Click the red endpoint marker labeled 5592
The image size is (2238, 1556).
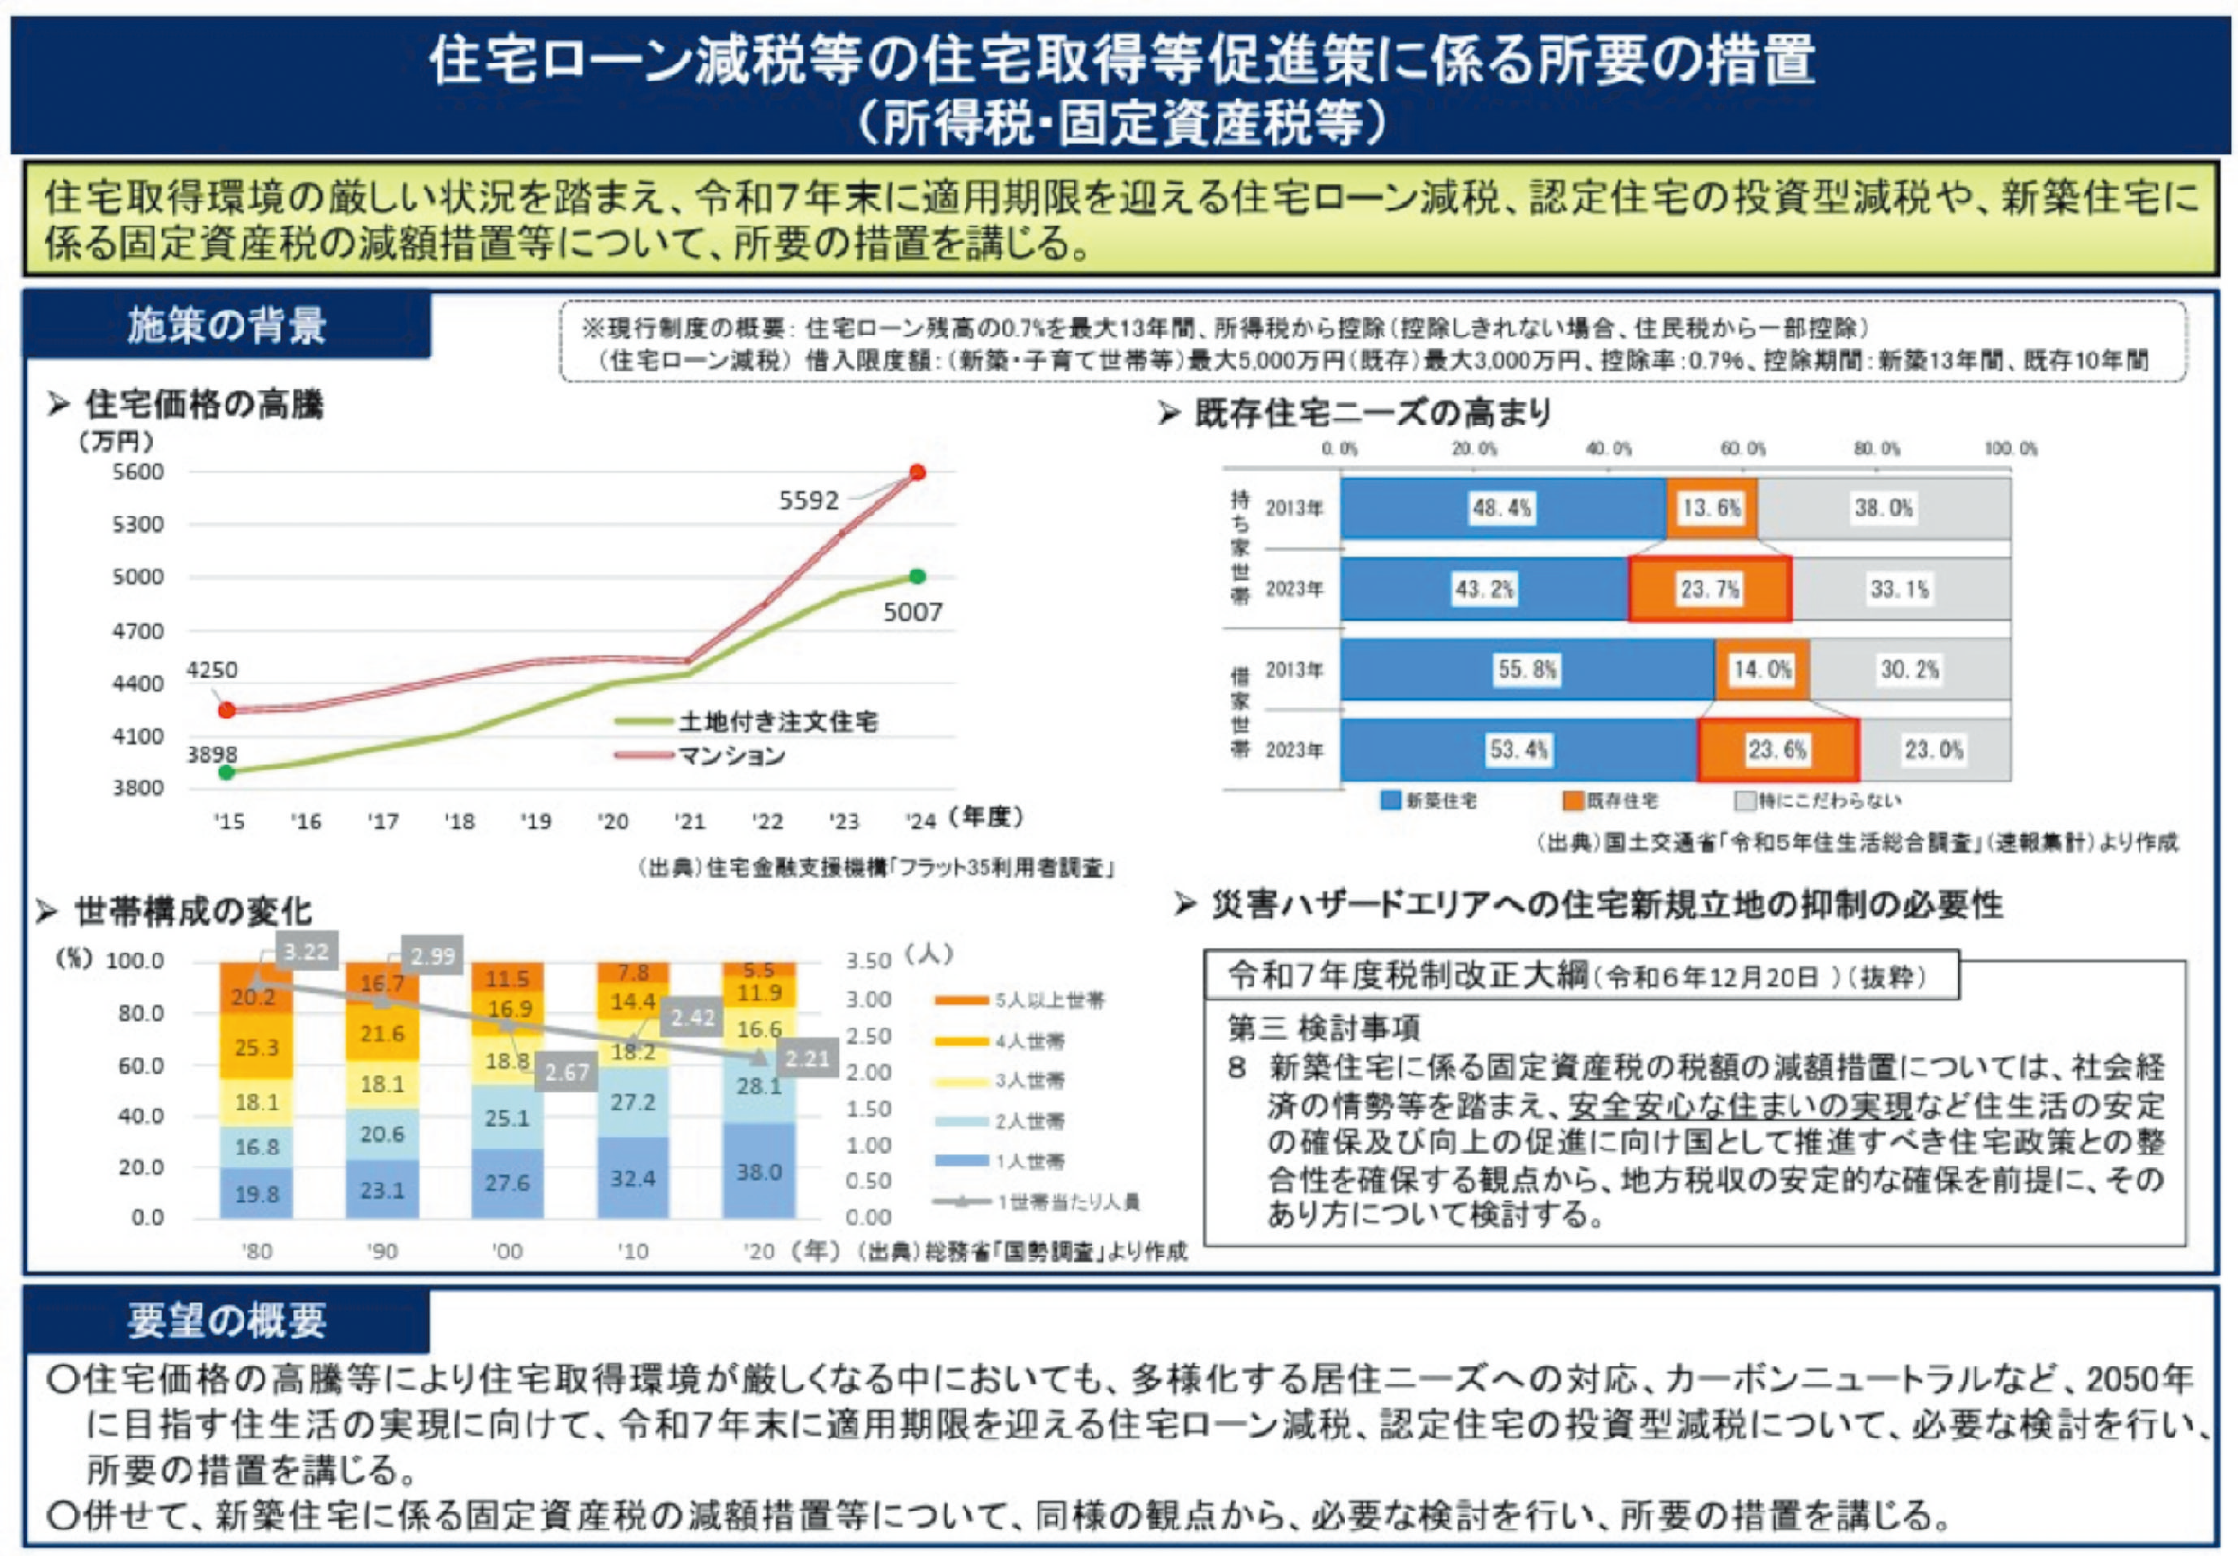[917, 473]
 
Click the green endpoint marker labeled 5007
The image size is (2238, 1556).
[917, 576]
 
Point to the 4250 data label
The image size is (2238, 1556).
[211, 670]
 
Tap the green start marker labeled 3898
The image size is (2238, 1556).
[226, 772]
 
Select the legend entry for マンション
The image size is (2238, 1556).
[731, 755]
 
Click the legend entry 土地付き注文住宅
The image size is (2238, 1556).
[778, 721]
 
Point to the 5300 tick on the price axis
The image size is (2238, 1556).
[137, 525]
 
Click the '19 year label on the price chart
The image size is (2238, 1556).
[535, 822]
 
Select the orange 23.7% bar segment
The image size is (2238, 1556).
[1709, 588]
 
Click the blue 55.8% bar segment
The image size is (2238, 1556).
[1526, 670]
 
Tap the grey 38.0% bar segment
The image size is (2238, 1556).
[1884, 508]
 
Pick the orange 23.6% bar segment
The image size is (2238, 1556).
[1777, 750]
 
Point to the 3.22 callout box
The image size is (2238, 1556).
[306, 951]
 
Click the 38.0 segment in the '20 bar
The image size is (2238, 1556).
[758, 1171]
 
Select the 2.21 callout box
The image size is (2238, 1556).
[807, 1058]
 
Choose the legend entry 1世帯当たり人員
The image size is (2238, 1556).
[1066, 1203]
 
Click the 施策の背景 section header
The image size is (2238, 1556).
[226, 325]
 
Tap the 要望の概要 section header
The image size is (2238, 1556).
[226, 1320]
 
